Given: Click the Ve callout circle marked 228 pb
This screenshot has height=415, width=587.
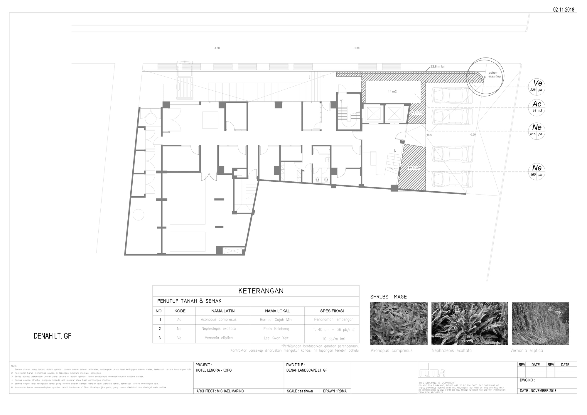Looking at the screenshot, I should click(x=537, y=87).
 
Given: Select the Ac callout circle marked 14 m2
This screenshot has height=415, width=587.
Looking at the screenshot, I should click(x=537, y=107).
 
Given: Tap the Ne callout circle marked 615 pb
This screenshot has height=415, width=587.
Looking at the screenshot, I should click(x=537, y=131).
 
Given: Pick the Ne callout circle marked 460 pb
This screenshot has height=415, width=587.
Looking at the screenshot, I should click(x=537, y=171).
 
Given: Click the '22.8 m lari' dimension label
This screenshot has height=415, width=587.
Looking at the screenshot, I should click(x=438, y=67).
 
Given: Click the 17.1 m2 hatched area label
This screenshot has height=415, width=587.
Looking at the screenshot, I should click(x=417, y=113).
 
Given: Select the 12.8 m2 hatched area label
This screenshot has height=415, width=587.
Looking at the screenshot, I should click(x=414, y=168).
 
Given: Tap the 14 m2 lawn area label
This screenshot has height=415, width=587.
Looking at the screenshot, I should click(x=392, y=92).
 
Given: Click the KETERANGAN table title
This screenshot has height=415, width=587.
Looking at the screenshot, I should click(x=261, y=291).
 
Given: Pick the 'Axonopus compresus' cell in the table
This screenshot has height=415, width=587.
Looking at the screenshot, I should click(x=218, y=319).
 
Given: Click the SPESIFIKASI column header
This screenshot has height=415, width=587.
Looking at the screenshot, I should click(x=332, y=311).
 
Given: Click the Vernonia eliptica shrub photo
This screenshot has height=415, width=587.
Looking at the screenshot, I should click(x=540, y=323).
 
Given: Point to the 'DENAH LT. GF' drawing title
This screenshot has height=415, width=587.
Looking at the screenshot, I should click(x=53, y=336).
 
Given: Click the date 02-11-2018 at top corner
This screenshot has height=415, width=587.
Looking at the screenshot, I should click(x=564, y=10).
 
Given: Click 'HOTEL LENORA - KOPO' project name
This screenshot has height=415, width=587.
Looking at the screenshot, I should click(x=214, y=370).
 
